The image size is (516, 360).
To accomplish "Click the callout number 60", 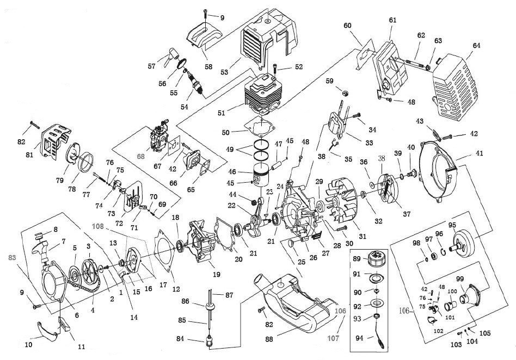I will [x=347, y=26].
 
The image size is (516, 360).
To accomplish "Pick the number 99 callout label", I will [x=459, y=279].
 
